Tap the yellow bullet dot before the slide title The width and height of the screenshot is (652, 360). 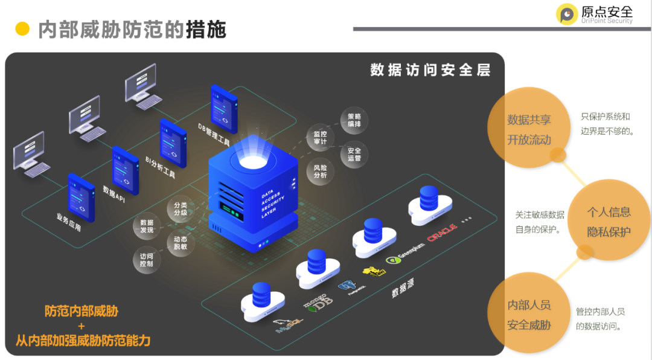(22, 28)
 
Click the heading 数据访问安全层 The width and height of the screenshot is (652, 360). (430, 70)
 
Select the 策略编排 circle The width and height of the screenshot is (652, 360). (354, 120)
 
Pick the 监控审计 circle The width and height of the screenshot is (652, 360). (320, 138)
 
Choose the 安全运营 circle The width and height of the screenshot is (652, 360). (354, 154)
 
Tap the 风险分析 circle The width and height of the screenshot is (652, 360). (320, 171)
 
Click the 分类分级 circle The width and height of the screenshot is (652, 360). (181, 208)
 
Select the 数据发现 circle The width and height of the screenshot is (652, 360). (147, 226)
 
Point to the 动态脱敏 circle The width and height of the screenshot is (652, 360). (181, 243)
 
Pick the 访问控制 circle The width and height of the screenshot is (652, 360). (146, 260)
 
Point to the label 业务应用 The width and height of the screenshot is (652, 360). (68, 223)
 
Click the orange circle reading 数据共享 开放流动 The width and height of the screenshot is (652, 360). (529, 129)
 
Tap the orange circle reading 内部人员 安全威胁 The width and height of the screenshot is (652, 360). (529, 315)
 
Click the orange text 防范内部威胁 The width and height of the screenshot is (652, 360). (81, 312)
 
